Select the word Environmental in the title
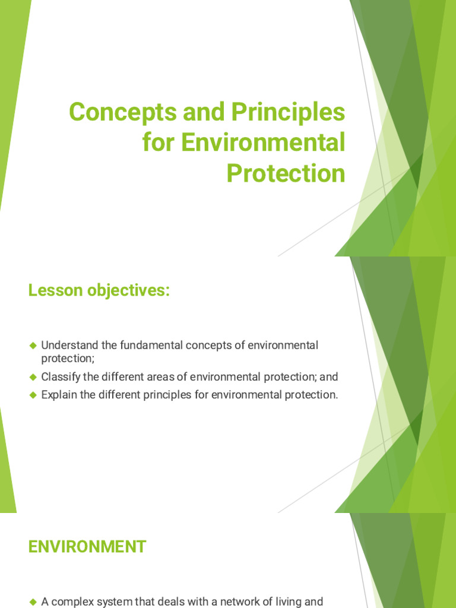click(263, 142)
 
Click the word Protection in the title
click(286, 173)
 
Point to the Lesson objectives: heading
click(99, 291)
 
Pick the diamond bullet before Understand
click(33, 346)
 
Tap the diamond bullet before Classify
click(33, 377)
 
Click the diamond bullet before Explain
click(33, 395)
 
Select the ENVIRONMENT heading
click(87, 547)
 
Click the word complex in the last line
click(71, 602)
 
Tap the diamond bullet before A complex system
click(33, 602)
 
